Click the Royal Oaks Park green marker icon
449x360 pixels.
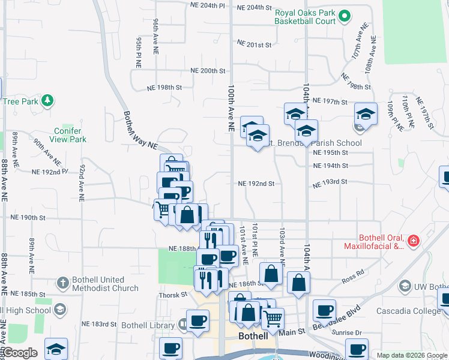coord(344,16)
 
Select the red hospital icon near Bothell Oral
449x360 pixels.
coord(412,241)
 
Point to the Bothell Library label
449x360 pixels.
coord(147,325)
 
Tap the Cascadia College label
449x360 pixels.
coord(405,311)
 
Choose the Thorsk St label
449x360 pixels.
coord(173,295)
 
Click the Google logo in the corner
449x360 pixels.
coord(20,353)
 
